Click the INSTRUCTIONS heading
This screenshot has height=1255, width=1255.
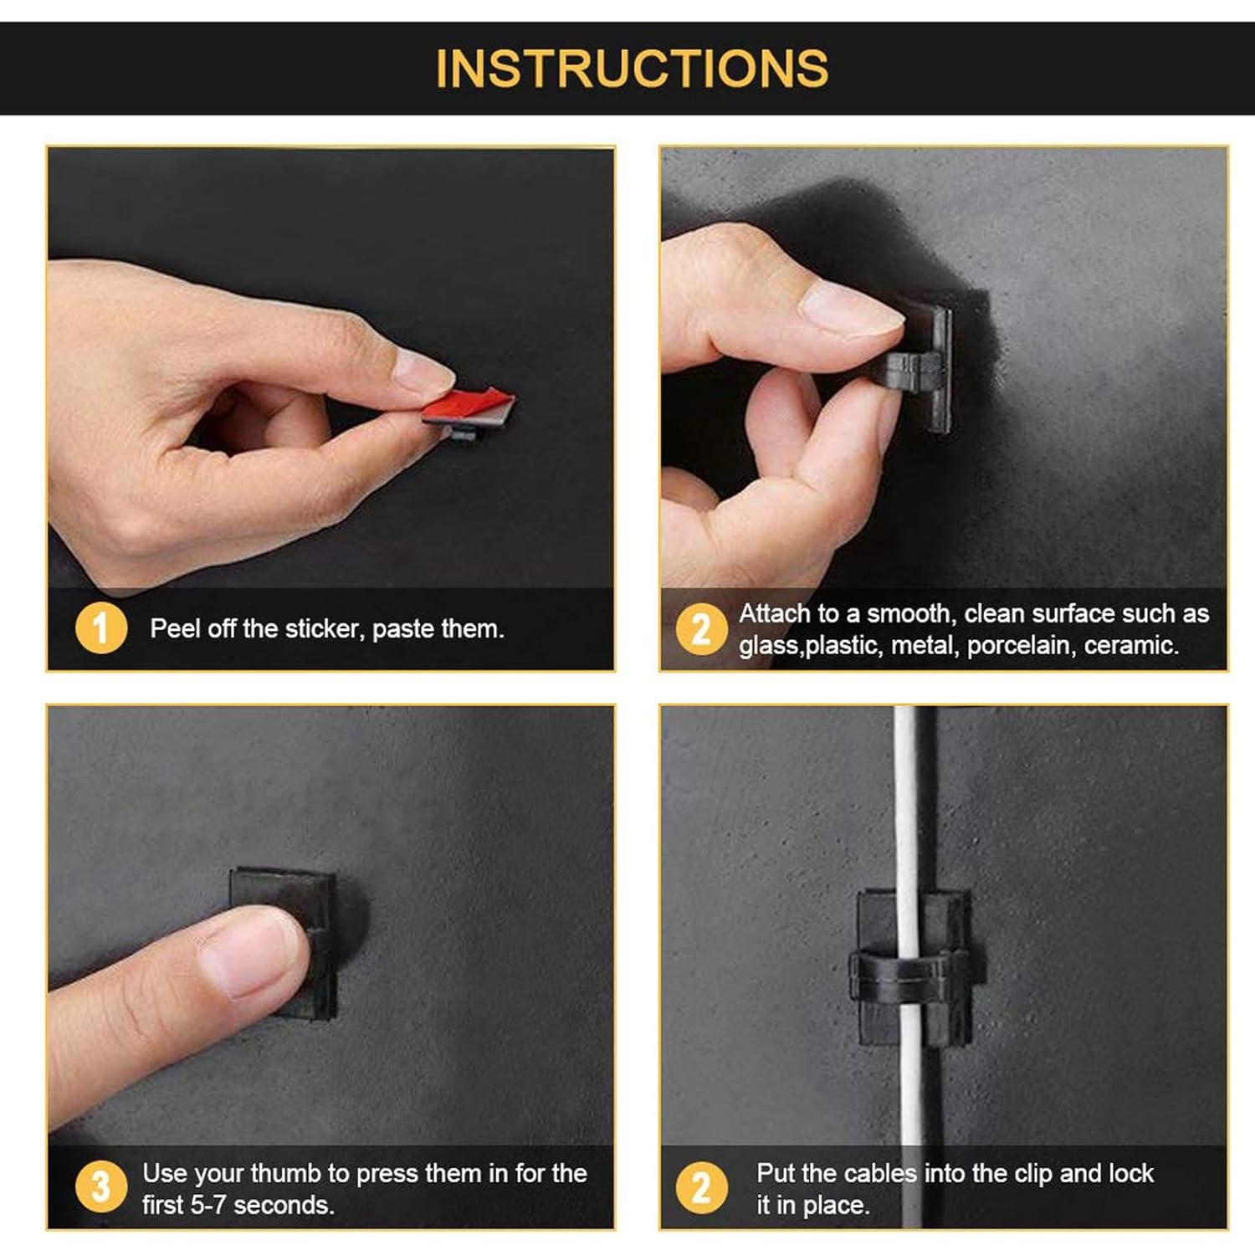(632, 69)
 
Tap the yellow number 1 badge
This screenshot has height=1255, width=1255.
(101, 629)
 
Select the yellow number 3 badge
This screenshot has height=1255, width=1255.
(100, 1187)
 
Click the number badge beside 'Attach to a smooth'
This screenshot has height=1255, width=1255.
(701, 629)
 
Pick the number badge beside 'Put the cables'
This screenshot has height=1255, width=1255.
(701, 1187)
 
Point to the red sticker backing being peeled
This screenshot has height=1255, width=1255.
(469, 406)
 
